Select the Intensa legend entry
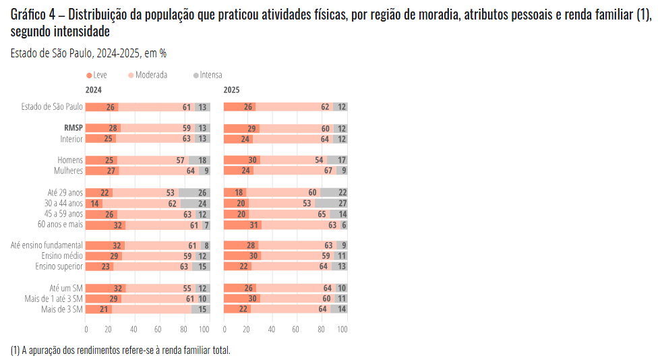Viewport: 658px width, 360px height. pos(208,75)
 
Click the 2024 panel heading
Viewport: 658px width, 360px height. pos(94,90)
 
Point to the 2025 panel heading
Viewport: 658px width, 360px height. pos(231,90)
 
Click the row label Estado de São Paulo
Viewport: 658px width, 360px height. pos(52,107)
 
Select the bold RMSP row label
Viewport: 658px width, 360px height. pos(73,128)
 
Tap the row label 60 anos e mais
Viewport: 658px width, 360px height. pos(61,224)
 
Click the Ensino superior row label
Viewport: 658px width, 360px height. pos(59,266)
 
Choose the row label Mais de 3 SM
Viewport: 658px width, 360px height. pos(62,309)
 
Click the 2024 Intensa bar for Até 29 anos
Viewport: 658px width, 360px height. pos(194,193)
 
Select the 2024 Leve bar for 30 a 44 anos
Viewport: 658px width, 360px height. pos(94,204)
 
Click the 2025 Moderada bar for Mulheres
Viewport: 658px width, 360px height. pos(294,171)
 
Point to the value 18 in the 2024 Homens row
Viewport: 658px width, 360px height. pos(202,160)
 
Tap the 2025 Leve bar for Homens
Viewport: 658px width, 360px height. pos(242,160)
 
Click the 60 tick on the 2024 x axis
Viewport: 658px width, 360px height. pos(157,330)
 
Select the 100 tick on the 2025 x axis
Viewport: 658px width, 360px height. pos(342,330)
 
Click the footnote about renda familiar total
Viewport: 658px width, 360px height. pos(121,351)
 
